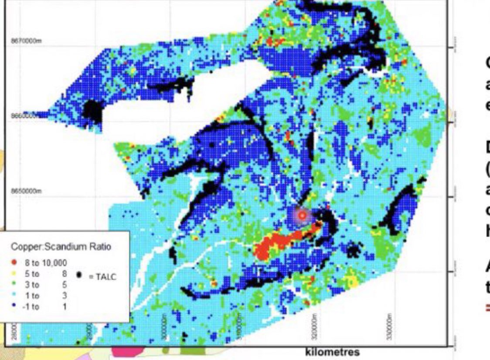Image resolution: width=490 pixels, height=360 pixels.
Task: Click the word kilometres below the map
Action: pos(332,352)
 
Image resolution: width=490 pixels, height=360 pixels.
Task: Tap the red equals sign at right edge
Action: pos(488,308)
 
